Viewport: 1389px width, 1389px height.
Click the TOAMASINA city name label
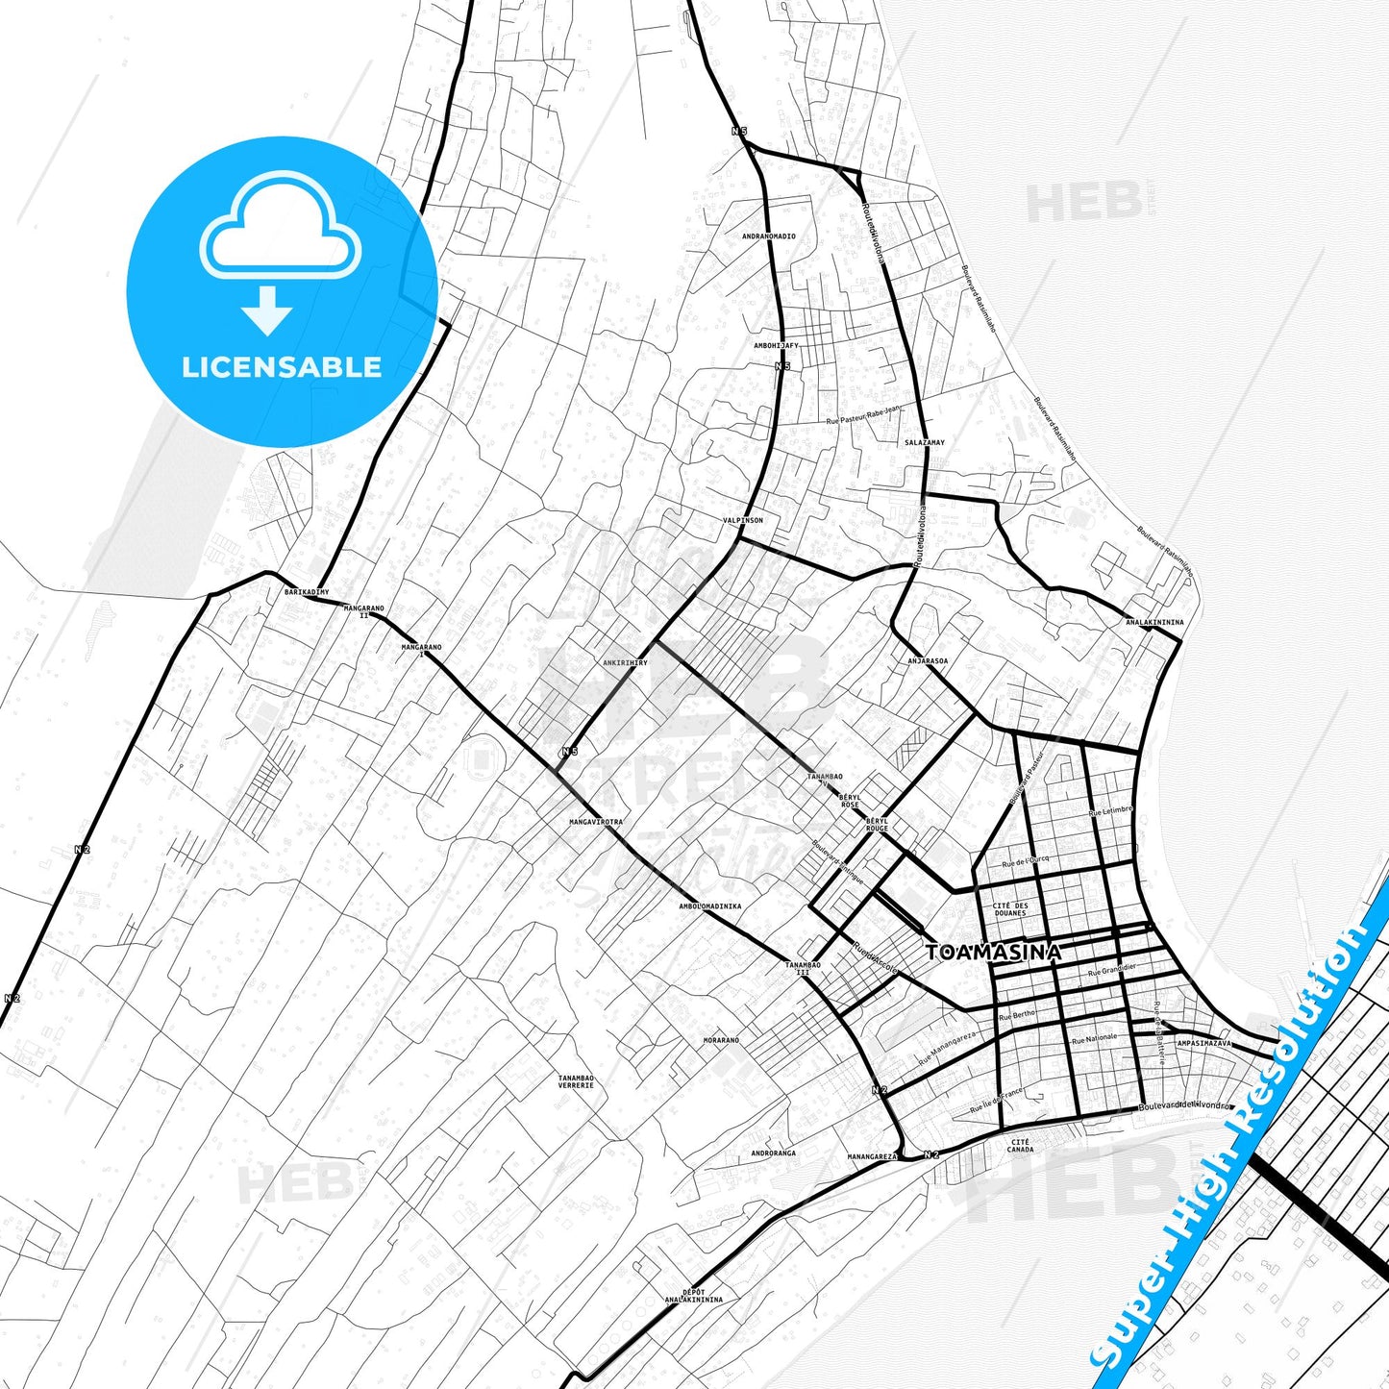click(994, 952)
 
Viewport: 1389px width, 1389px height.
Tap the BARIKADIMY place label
click(306, 592)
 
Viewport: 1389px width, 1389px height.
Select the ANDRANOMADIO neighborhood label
click(769, 236)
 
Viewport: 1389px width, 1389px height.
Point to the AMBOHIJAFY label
click(776, 344)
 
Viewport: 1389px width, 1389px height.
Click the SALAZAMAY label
click(925, 443)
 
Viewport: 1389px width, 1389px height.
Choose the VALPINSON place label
click(743, 520)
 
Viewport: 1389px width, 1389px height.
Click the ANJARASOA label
click(928, 661)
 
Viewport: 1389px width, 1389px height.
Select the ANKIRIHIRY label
click(625, 663)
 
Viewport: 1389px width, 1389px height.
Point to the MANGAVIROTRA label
click(596, 823)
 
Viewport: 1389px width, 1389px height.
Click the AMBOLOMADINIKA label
click(710, 905)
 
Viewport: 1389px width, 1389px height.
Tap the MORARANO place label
click(721, 1040)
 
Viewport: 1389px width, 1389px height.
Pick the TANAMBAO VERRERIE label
click(576, 1081)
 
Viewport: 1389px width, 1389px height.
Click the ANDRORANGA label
click(774, 1153)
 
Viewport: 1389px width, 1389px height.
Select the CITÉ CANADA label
click(1020, 1146)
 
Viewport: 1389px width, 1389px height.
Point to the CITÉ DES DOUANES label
click(1010, 909)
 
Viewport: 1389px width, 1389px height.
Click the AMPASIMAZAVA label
click(1203, 1043)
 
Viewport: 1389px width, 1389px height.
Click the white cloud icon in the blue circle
click(280, 229)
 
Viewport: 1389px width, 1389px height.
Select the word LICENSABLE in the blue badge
click(282, 366)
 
